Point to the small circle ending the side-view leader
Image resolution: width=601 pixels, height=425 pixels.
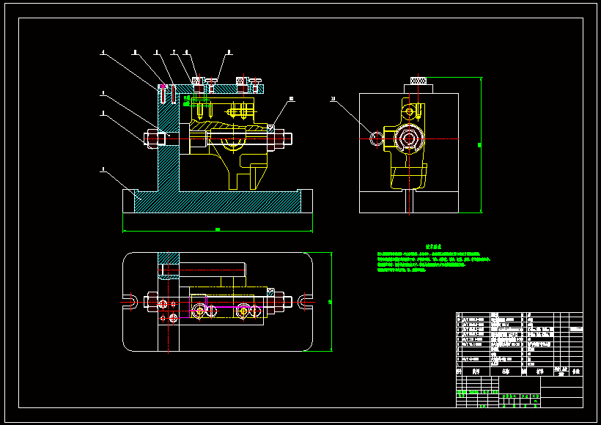click(376, 137)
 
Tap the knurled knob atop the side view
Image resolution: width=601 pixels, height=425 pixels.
click(419, 81)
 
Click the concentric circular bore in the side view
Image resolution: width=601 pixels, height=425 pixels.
click(408, 137)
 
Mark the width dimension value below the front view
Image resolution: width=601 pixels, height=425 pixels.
click(217, 230)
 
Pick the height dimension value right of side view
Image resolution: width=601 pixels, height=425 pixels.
click(480, 145)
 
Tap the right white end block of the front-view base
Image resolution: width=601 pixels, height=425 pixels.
click(305, 201)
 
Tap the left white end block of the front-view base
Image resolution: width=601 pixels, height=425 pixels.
click(130, 201)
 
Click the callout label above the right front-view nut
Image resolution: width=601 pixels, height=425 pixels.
click(291, 97)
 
